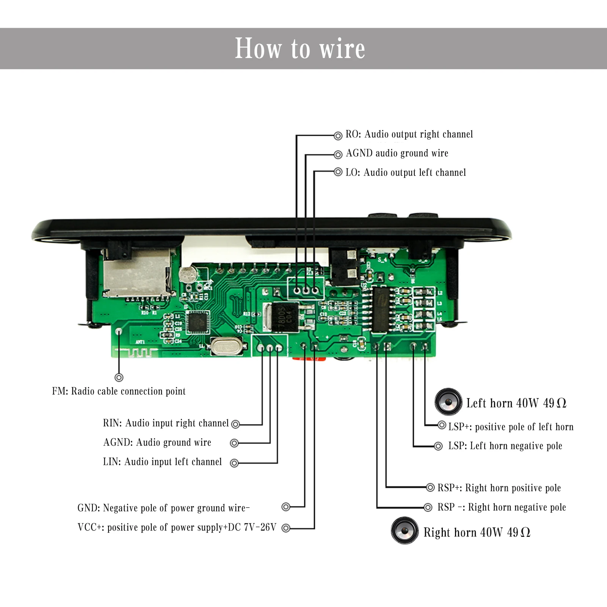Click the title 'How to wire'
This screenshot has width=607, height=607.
point(300,49)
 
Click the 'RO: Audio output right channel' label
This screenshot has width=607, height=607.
point(409,134)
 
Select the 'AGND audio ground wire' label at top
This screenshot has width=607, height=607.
point(397,153)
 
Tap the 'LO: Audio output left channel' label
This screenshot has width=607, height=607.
point(406,173)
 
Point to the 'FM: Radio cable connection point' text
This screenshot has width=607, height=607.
point(119,391)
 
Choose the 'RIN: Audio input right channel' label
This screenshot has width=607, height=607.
point(166,423)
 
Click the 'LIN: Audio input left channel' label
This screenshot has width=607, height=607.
point(162,462)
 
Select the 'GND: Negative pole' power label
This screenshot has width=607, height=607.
point(163,508)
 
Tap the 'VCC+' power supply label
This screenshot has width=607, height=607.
point(177,527)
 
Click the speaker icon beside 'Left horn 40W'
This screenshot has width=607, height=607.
point(448,402)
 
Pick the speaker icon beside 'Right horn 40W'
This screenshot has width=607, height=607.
point(405,530)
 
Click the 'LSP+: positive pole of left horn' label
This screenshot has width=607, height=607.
point(511,427)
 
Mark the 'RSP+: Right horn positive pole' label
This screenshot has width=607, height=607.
point(499,488)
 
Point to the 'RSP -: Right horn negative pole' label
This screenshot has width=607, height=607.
point(502,507)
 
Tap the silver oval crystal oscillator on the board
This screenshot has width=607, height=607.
point(226,347)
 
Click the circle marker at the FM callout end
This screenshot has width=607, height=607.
point(119,378)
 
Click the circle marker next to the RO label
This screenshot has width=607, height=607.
point(338,135)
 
